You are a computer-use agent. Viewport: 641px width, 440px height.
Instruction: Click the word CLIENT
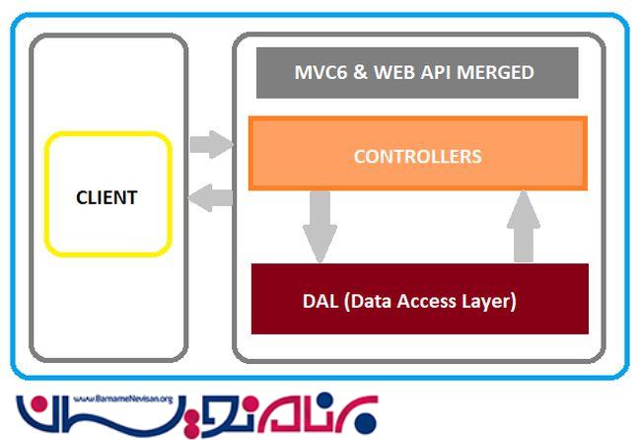(107, 197)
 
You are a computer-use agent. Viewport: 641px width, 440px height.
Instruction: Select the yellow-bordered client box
(107, 237)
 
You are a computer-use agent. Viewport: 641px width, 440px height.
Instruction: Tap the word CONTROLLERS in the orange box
(417, 156)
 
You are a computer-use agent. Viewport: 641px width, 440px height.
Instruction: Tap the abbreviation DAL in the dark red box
(320, 300)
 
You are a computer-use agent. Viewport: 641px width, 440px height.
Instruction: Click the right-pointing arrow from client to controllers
(210, 145)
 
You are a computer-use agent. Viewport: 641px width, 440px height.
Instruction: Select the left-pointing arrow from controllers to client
(210, 198)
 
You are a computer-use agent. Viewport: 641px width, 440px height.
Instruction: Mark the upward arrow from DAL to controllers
(525, 225)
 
